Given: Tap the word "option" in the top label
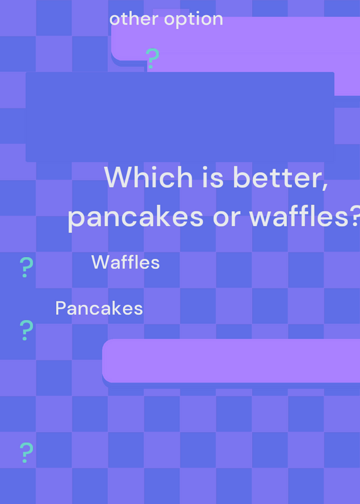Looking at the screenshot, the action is click(x=194, y=20).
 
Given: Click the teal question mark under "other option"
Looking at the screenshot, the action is click(x=152, y=58).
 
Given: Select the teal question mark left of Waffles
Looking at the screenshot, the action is click(x=26, y=267).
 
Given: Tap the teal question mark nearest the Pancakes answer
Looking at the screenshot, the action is click(x=26, y=330).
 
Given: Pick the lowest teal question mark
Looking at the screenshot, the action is click(x=26, y=452).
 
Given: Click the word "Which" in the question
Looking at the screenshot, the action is click(x=148, y=177).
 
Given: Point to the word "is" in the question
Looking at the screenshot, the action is click(x=212, y=177).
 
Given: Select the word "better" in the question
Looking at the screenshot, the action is click(x=277, y=177).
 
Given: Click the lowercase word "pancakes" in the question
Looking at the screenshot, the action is click(x=136, y=218).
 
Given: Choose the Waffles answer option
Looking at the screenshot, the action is click(x=125, y=262).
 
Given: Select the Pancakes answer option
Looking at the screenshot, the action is click(x=99, y=308).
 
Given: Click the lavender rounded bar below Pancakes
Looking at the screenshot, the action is click(x=231, y=360).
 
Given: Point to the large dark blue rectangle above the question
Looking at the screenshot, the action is click(x=180, y=117).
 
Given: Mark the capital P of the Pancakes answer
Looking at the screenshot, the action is click(x=61, y=308).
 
